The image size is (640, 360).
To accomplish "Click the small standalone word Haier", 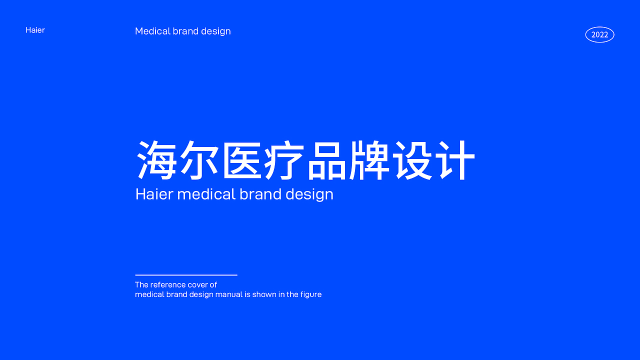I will click(35, 30).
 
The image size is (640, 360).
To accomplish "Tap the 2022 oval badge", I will click(599, 34).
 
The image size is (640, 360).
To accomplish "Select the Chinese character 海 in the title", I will click(156, 160).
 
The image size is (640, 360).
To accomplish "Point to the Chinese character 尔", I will click(199, 160).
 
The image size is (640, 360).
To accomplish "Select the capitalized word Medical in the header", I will click(152, 31).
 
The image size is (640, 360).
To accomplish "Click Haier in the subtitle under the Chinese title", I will click(154, 194).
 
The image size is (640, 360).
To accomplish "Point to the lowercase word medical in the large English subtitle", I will click(206, 194).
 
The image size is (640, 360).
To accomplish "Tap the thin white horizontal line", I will click(186, 275).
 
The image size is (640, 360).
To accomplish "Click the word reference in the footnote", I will click(168, 285).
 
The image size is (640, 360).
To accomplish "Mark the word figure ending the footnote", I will click(310, 294).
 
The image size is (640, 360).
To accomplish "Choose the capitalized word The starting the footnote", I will click(141, 285).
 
